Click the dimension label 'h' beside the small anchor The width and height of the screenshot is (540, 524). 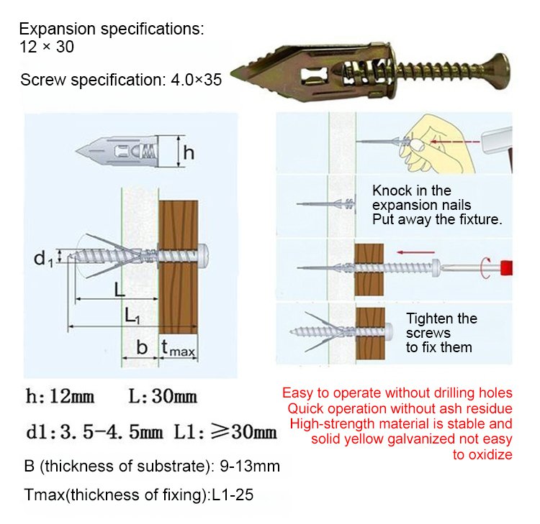[x=189, y=153]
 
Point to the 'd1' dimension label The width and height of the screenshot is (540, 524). [x=45, y=257]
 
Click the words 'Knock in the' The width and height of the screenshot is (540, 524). [x=411, y=190]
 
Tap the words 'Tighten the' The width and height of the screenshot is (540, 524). [x=441, y=318]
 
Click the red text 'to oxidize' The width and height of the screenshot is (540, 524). [x=482, y=454]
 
